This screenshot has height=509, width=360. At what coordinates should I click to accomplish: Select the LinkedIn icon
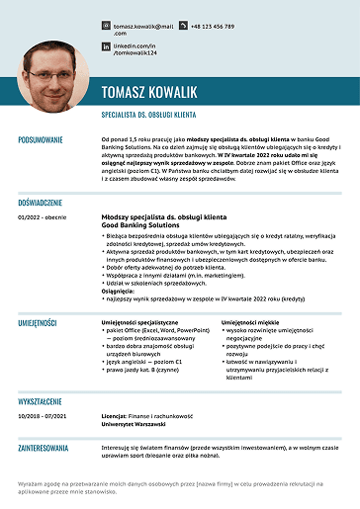tap(106, 46)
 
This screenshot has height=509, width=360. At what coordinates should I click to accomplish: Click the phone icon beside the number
tap(181, 27)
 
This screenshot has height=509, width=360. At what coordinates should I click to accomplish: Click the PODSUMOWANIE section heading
tap(41, 140)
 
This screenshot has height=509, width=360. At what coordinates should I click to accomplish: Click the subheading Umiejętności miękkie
tap(252, 322)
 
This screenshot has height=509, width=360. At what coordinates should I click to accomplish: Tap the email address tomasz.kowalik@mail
tap(143, 27)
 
